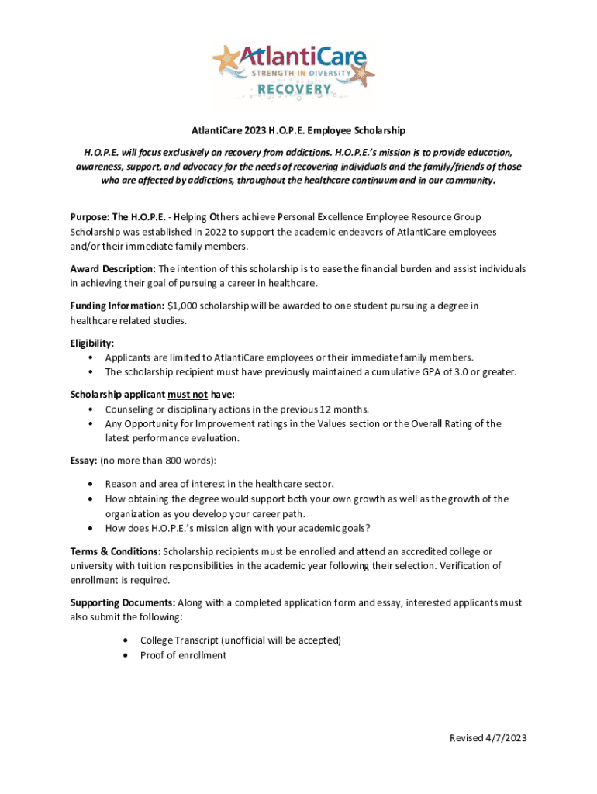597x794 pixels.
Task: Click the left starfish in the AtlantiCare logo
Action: pyautogui.click(x=226, y=58)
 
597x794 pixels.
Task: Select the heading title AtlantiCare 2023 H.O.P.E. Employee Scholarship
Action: pyautogui.click(x=298, y=130)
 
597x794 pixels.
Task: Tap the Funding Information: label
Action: pyautogui.click(x=117, y=306)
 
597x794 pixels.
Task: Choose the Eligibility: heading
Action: pyautogui.click(x=92, y=342)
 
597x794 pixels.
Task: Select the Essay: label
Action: pyautogui.click(x=83, y=461)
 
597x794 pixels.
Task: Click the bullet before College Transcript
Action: pyautogui.click(x=126, y=640)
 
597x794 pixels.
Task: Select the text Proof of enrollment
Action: pyautogui.click(x=183, y=655)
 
